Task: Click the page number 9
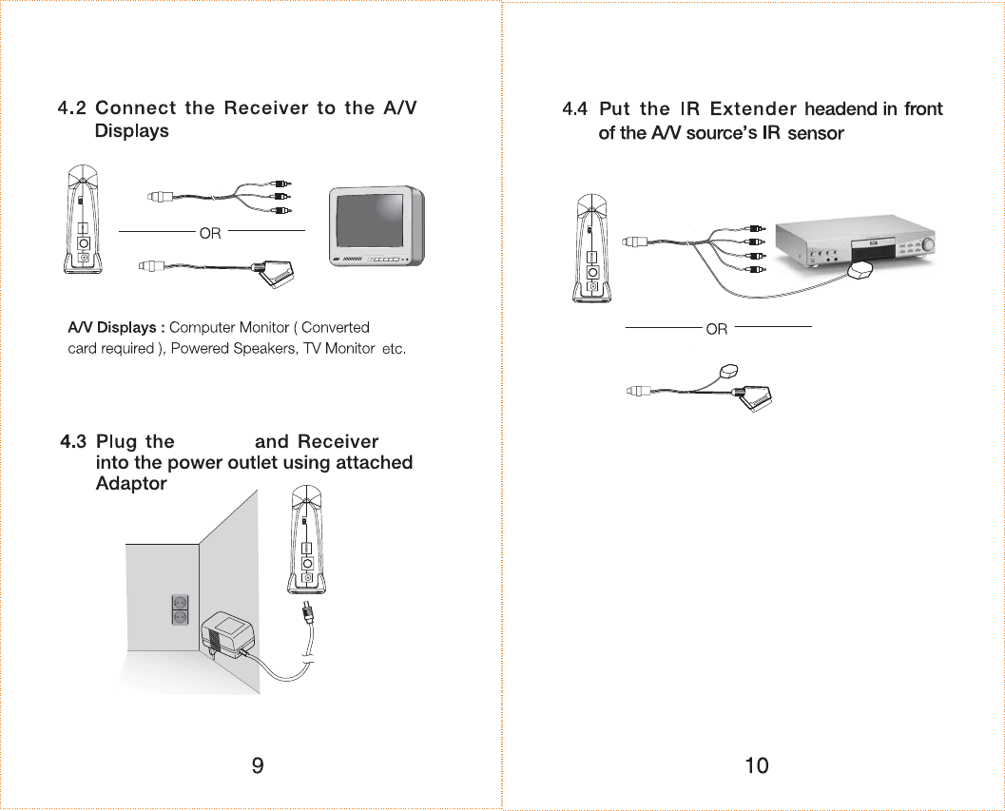point(258,765)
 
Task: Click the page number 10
point(757,765)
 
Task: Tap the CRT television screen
point(372,223)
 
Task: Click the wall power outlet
point(179,609)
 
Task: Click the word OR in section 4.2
point(210,234)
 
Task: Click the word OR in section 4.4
point(717,329)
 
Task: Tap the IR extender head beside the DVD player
point(860,273)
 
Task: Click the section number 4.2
point(72,108)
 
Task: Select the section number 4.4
point(575,109)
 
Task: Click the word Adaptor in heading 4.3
point(131,484)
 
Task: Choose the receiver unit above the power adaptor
point(307,542)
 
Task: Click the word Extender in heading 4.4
point(753,109)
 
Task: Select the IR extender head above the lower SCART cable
point(730,371)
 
